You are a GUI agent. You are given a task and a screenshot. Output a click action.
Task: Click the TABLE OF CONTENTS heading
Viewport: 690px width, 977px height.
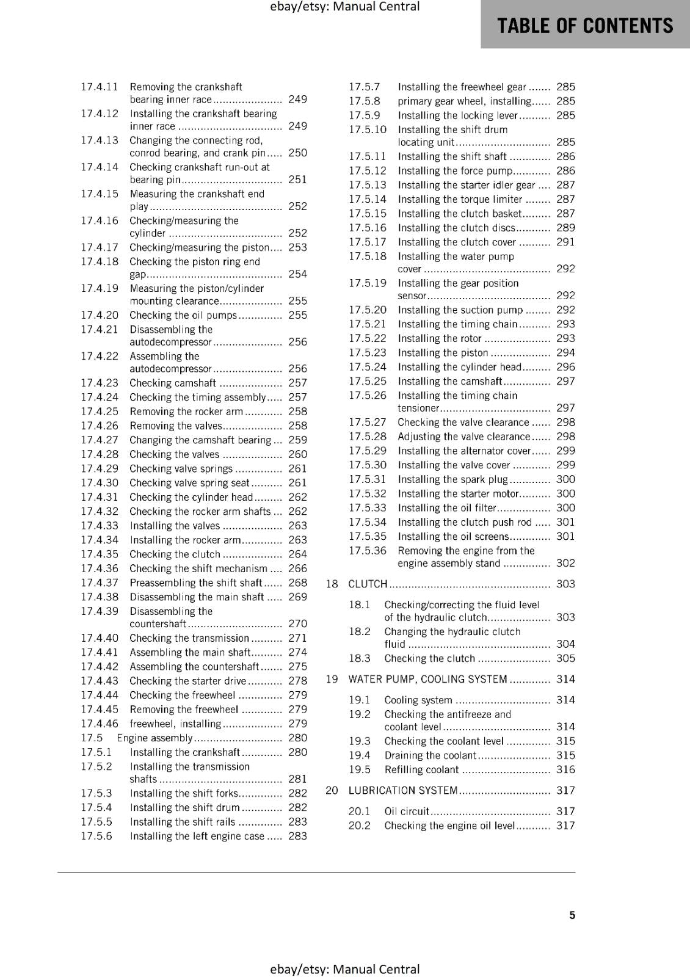[585, 26]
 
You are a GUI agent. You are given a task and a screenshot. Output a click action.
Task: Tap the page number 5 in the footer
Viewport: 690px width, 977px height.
[572, 915]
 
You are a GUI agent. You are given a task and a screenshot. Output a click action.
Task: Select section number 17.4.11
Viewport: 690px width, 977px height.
[100, 87]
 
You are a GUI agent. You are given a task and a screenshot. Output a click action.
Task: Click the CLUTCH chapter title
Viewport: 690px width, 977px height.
[368, 584]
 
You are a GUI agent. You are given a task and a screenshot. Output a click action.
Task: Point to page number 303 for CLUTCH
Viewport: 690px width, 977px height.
[565, 584]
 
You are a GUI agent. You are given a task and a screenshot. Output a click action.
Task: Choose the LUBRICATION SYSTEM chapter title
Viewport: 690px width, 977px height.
[403, 790]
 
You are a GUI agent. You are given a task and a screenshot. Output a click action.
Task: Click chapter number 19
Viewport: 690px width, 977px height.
[332, 679]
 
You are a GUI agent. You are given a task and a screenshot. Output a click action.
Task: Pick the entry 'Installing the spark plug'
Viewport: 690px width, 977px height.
[452, 479]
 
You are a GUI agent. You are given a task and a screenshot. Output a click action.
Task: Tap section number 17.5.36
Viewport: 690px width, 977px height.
[368, 551]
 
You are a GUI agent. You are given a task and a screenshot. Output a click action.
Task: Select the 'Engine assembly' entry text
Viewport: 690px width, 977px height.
[154, 738]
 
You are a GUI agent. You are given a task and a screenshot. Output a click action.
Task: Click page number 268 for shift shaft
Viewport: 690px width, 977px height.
[297, 583]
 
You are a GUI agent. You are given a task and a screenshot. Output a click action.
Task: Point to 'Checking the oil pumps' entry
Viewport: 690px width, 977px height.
[183, 315]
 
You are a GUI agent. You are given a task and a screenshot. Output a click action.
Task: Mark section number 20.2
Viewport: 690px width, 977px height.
[360, 826]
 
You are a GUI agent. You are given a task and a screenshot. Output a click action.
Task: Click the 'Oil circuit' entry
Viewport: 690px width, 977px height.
[407, 811]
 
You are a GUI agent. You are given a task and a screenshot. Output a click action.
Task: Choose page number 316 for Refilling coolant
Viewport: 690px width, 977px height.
[565, 769]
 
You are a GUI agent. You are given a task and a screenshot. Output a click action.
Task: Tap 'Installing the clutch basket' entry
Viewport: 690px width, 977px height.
[459, 213]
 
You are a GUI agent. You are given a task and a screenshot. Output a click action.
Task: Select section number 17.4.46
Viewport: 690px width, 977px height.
[100, 724]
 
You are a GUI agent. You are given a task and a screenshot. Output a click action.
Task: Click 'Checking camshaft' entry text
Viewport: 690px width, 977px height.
[173, 383]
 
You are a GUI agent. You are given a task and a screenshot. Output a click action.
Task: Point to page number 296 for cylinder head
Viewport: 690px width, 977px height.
[565, 367]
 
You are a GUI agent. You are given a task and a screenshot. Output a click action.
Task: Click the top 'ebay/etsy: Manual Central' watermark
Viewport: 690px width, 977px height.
[344, 7]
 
